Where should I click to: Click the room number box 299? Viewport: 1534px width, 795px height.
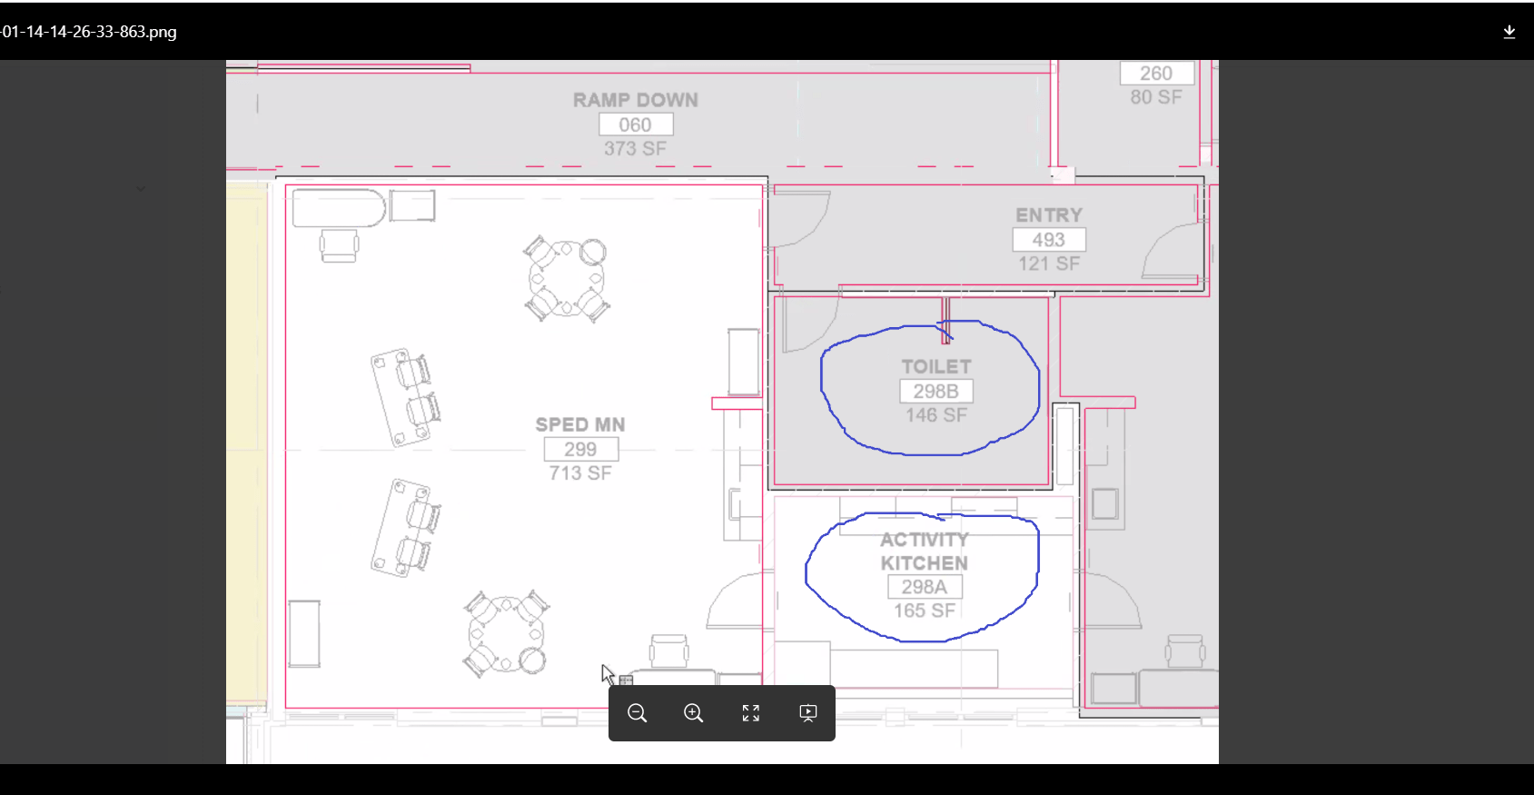tap(580, 449)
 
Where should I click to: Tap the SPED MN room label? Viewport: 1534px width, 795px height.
tap(580, 424)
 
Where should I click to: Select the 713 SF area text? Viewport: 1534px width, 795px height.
tap(580, 473)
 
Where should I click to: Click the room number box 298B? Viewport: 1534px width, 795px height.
tap(935, 392)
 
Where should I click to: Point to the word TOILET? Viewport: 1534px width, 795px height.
tap(936, 367)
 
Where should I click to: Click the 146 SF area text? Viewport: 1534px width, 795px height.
tap(936, 415)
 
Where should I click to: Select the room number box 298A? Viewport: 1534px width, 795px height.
tap(925, 587)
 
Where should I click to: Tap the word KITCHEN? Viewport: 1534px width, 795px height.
tap(925, 563)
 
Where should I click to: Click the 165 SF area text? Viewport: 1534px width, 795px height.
tap(925, 611)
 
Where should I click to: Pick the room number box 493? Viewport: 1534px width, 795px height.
tap(1049, 240)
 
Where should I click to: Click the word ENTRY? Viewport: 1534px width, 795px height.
tap(1049, 215)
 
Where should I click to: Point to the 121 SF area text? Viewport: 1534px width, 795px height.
tap(1049, 263)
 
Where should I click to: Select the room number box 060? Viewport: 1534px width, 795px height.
tap(636, 124)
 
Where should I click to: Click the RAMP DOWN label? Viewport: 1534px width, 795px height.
tap(636, 100)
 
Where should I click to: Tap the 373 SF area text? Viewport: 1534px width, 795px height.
tap(636, 148)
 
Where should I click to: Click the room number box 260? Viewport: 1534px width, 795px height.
tap(1156, 74)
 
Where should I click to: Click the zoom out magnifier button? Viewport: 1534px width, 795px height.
tap(638, 713)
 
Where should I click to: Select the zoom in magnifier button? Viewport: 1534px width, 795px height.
tap(694, 713)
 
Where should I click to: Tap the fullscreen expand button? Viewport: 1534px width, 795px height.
tap(751, 713)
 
